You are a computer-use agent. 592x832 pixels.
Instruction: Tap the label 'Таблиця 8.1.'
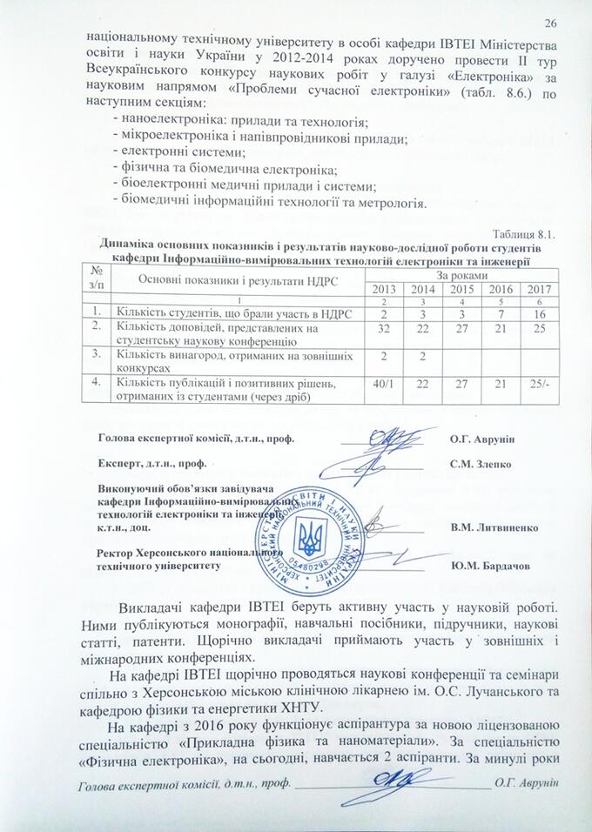coord(523,234)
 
